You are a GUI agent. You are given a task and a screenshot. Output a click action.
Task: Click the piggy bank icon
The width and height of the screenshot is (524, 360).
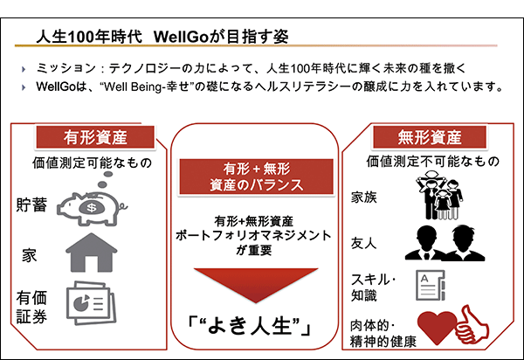(x=91, y=207)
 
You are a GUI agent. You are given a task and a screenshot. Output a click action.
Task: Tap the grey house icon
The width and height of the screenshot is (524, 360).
(x=91, y=253)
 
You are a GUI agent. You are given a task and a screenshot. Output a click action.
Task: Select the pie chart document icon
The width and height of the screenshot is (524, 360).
(x=91, y=303)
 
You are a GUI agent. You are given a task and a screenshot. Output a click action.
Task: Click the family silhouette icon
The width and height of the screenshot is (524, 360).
(x=439, y=195)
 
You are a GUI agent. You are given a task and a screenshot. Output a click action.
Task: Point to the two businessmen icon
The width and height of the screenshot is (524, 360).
(x=445, y=243)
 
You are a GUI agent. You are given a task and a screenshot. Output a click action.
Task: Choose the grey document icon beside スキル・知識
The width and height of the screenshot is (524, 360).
(x=431, y=285)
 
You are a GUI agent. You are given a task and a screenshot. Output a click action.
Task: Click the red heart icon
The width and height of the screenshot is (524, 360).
(x=437, y=327)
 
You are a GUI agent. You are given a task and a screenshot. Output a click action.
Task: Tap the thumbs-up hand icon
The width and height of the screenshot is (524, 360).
(x=472, y=324)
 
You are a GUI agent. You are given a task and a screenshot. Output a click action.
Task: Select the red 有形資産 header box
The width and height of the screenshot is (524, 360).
(x=95, y=137)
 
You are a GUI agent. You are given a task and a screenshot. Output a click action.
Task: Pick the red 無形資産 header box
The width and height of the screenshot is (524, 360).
(x=430, y=137)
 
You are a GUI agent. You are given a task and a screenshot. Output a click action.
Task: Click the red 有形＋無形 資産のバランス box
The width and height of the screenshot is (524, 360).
(x=256, y=177)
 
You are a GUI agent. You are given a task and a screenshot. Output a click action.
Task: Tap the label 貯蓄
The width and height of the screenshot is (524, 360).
(x=31, y=204)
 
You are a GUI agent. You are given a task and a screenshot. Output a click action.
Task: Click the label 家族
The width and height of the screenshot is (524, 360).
(x=363, y=197)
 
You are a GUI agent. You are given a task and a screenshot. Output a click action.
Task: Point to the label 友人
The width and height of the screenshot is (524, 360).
(x=363, y=243)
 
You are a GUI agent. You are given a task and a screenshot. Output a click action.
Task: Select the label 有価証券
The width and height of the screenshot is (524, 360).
(x=31, y=308)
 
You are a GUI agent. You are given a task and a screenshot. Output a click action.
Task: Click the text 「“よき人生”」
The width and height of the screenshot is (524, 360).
(x=250, y=326)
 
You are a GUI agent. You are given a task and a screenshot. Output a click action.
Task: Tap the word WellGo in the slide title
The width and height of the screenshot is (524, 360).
(x=182, y=37)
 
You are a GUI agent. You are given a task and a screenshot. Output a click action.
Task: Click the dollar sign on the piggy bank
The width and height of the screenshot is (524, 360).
(x=92, y=208)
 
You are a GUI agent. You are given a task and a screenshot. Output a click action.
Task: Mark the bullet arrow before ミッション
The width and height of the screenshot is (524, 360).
(x=24, y=69)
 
